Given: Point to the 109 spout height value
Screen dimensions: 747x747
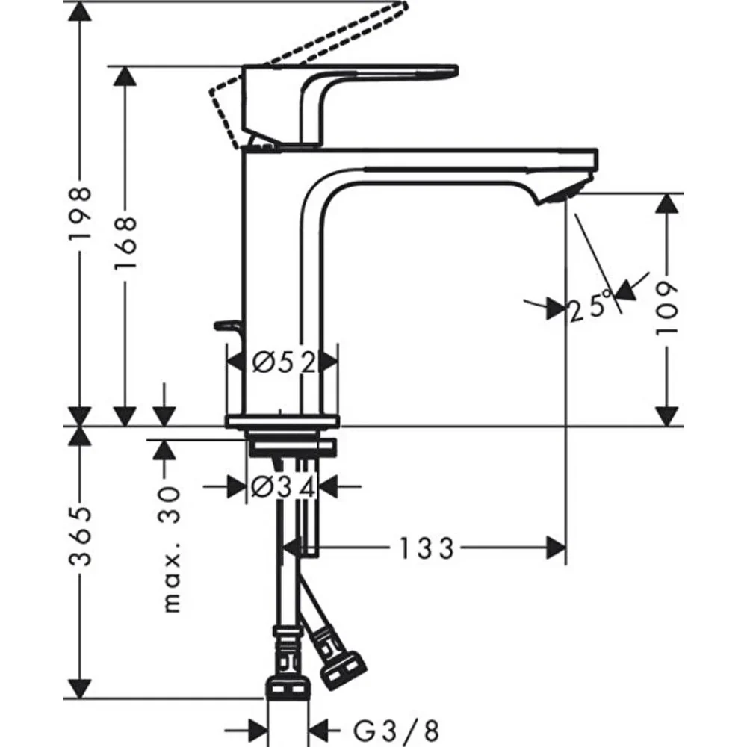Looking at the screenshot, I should click(668, 308).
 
